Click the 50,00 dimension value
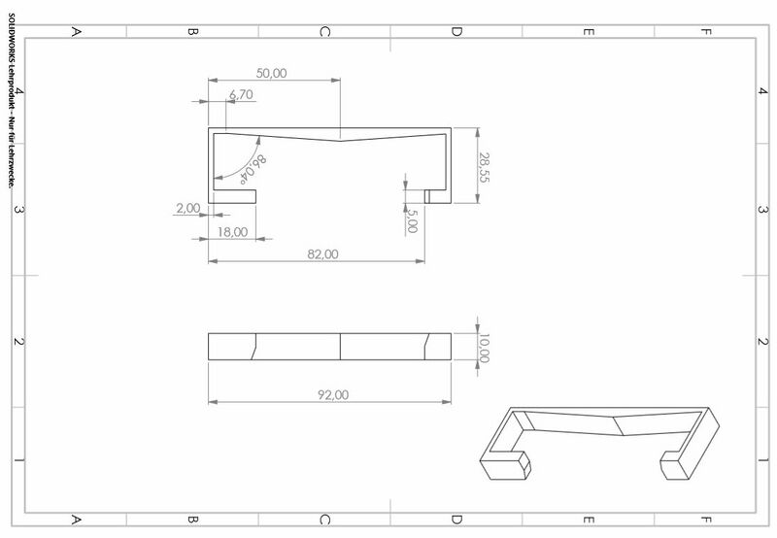[x=271, y=73]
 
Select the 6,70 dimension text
[x=241, y=94]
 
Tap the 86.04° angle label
[x=253, y=168]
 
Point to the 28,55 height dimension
[x=484, y=167]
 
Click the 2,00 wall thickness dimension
[x=188, y=208]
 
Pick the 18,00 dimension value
[x=232, y=232]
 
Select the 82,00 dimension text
[x=322, y=254]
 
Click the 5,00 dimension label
[x=412, y=221]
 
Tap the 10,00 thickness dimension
[x=484, y=348]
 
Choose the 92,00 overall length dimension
[x=333, y=395]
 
